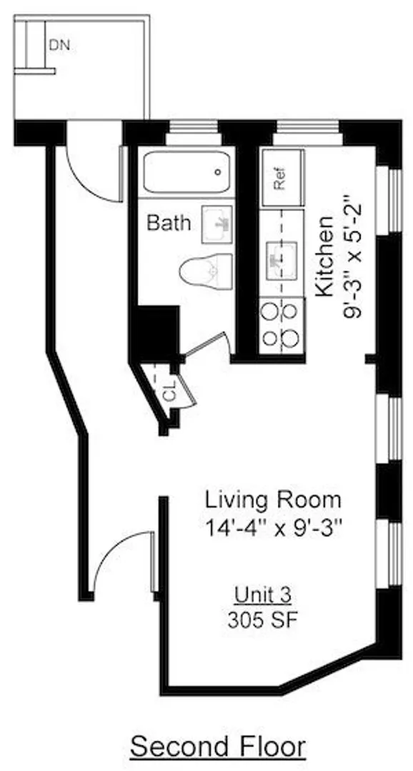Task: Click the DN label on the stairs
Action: (59, 45)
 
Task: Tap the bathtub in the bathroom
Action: (187, 173)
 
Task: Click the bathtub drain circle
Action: (218, 173)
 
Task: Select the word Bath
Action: (169, 223)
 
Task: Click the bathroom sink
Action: (217, 225)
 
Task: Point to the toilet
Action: (206, 271)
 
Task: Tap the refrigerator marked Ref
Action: (282, 178)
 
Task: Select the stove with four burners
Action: (282, 325)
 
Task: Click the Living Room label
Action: (273, 500)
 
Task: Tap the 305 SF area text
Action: (263, 620)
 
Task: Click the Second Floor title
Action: (218, 747)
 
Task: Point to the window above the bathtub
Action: (194, 132)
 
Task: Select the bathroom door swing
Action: (206, 343)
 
